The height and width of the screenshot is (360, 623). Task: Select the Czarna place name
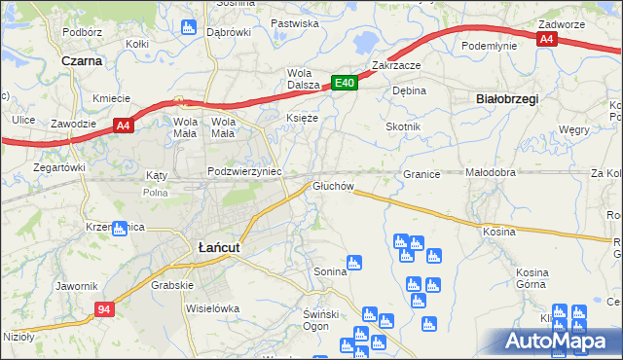coord(81,60)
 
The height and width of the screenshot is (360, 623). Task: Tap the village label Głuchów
coord(332,185)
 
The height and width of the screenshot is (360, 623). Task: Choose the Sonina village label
coord(329,271)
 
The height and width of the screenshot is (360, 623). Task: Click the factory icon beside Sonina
coord(354,262)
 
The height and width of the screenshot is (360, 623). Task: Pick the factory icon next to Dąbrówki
coord(189,24)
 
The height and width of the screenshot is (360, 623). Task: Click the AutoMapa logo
coord(562,341)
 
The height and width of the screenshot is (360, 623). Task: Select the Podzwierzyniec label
coord(244,171)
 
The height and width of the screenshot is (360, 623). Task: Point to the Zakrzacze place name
coord(395,65)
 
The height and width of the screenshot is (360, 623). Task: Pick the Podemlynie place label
coord(487,46)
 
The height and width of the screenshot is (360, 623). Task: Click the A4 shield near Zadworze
coord(547,39)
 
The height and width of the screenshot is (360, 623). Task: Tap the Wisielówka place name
coord(212,308)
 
